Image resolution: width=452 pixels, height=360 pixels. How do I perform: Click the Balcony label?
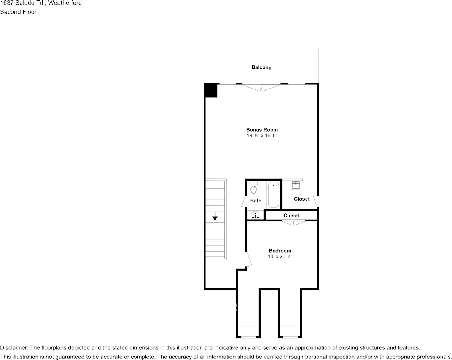(x=261, y=67)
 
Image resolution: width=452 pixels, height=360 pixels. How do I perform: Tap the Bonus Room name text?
(x=262, y=130)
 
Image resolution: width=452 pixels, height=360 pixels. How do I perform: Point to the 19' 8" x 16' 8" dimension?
(x=262, y=135)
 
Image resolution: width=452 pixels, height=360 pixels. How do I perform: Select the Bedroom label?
(x=280, y=251)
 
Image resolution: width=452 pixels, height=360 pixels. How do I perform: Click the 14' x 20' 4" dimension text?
(x=280, y=256)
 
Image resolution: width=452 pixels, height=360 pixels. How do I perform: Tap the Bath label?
(x=256, y=201)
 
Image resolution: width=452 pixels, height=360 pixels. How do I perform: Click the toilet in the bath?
(x=254, y=188)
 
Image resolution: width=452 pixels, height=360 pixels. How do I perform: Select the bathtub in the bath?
(x=273, y=195)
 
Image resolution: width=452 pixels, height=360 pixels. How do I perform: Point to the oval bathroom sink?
(x=256, y=215)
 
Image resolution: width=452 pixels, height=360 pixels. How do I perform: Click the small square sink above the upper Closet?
(x=296, y=185)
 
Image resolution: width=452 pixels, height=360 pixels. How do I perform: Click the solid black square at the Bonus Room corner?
(x=211, y=91)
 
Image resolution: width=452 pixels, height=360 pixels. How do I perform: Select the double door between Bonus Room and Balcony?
(x=261, y=87)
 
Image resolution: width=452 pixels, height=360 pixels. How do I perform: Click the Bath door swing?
(x=244, y=201)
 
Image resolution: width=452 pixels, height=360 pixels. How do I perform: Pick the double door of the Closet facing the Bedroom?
(x=293, y=223)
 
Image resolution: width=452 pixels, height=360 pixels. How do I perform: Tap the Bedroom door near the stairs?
(x=248, y=260)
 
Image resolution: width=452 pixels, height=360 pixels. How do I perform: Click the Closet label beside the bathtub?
(x=302, y=199)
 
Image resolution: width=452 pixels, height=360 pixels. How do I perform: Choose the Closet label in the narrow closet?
(x=291, y=215)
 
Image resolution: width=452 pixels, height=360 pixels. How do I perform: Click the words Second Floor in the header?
(x=18, y=12)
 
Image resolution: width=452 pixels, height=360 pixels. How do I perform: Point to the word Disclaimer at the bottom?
(x=13, y=348)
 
